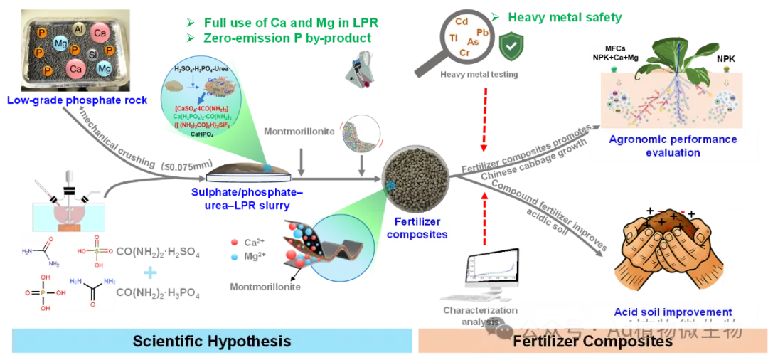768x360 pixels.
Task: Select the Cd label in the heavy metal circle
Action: point(462,22)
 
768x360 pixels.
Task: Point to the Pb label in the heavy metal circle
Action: point(482,33)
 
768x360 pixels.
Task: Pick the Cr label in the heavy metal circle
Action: point(464,53)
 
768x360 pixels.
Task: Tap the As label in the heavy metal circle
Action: point(473,42)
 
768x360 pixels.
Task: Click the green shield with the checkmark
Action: point(511,46)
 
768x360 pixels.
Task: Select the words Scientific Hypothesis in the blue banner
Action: point(212,342)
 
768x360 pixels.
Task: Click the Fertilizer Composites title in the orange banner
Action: point(592,342)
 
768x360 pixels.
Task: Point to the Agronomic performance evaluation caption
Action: point(663,146)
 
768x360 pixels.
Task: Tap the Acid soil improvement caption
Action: point(673,312)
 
